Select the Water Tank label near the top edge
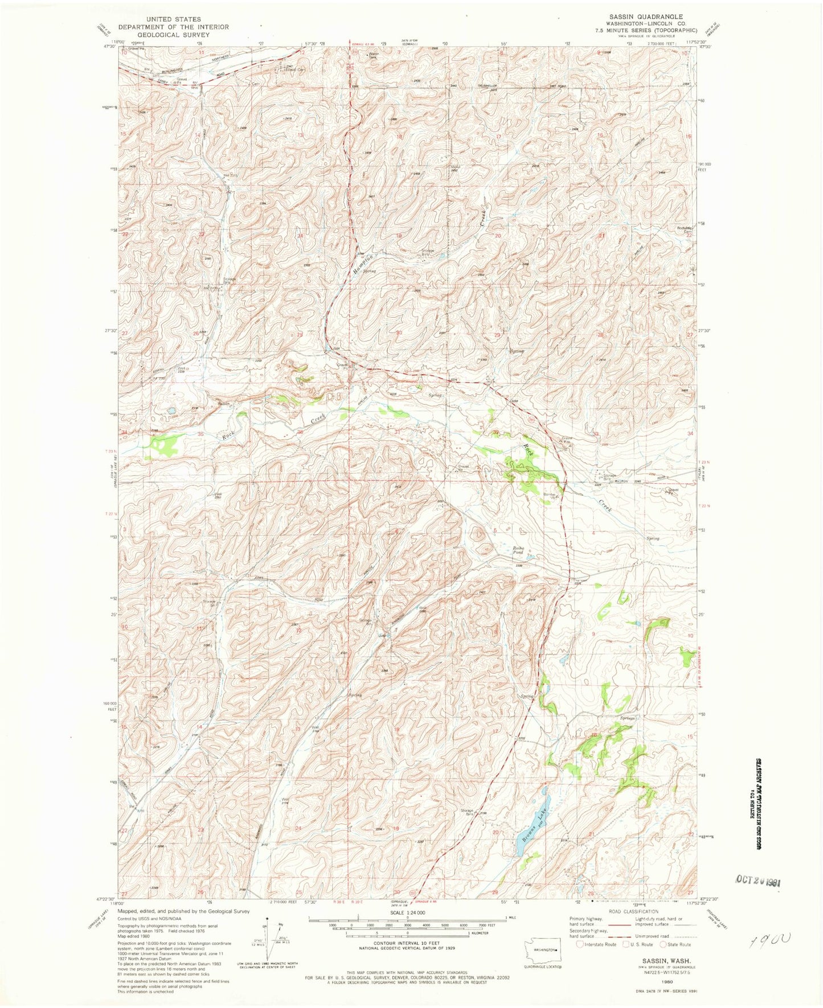pyautogui.click(x=373, y=56)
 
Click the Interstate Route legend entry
pyautogui.click(x=596, y=944)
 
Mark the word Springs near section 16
pyautogui.click(x=627, y=718)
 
